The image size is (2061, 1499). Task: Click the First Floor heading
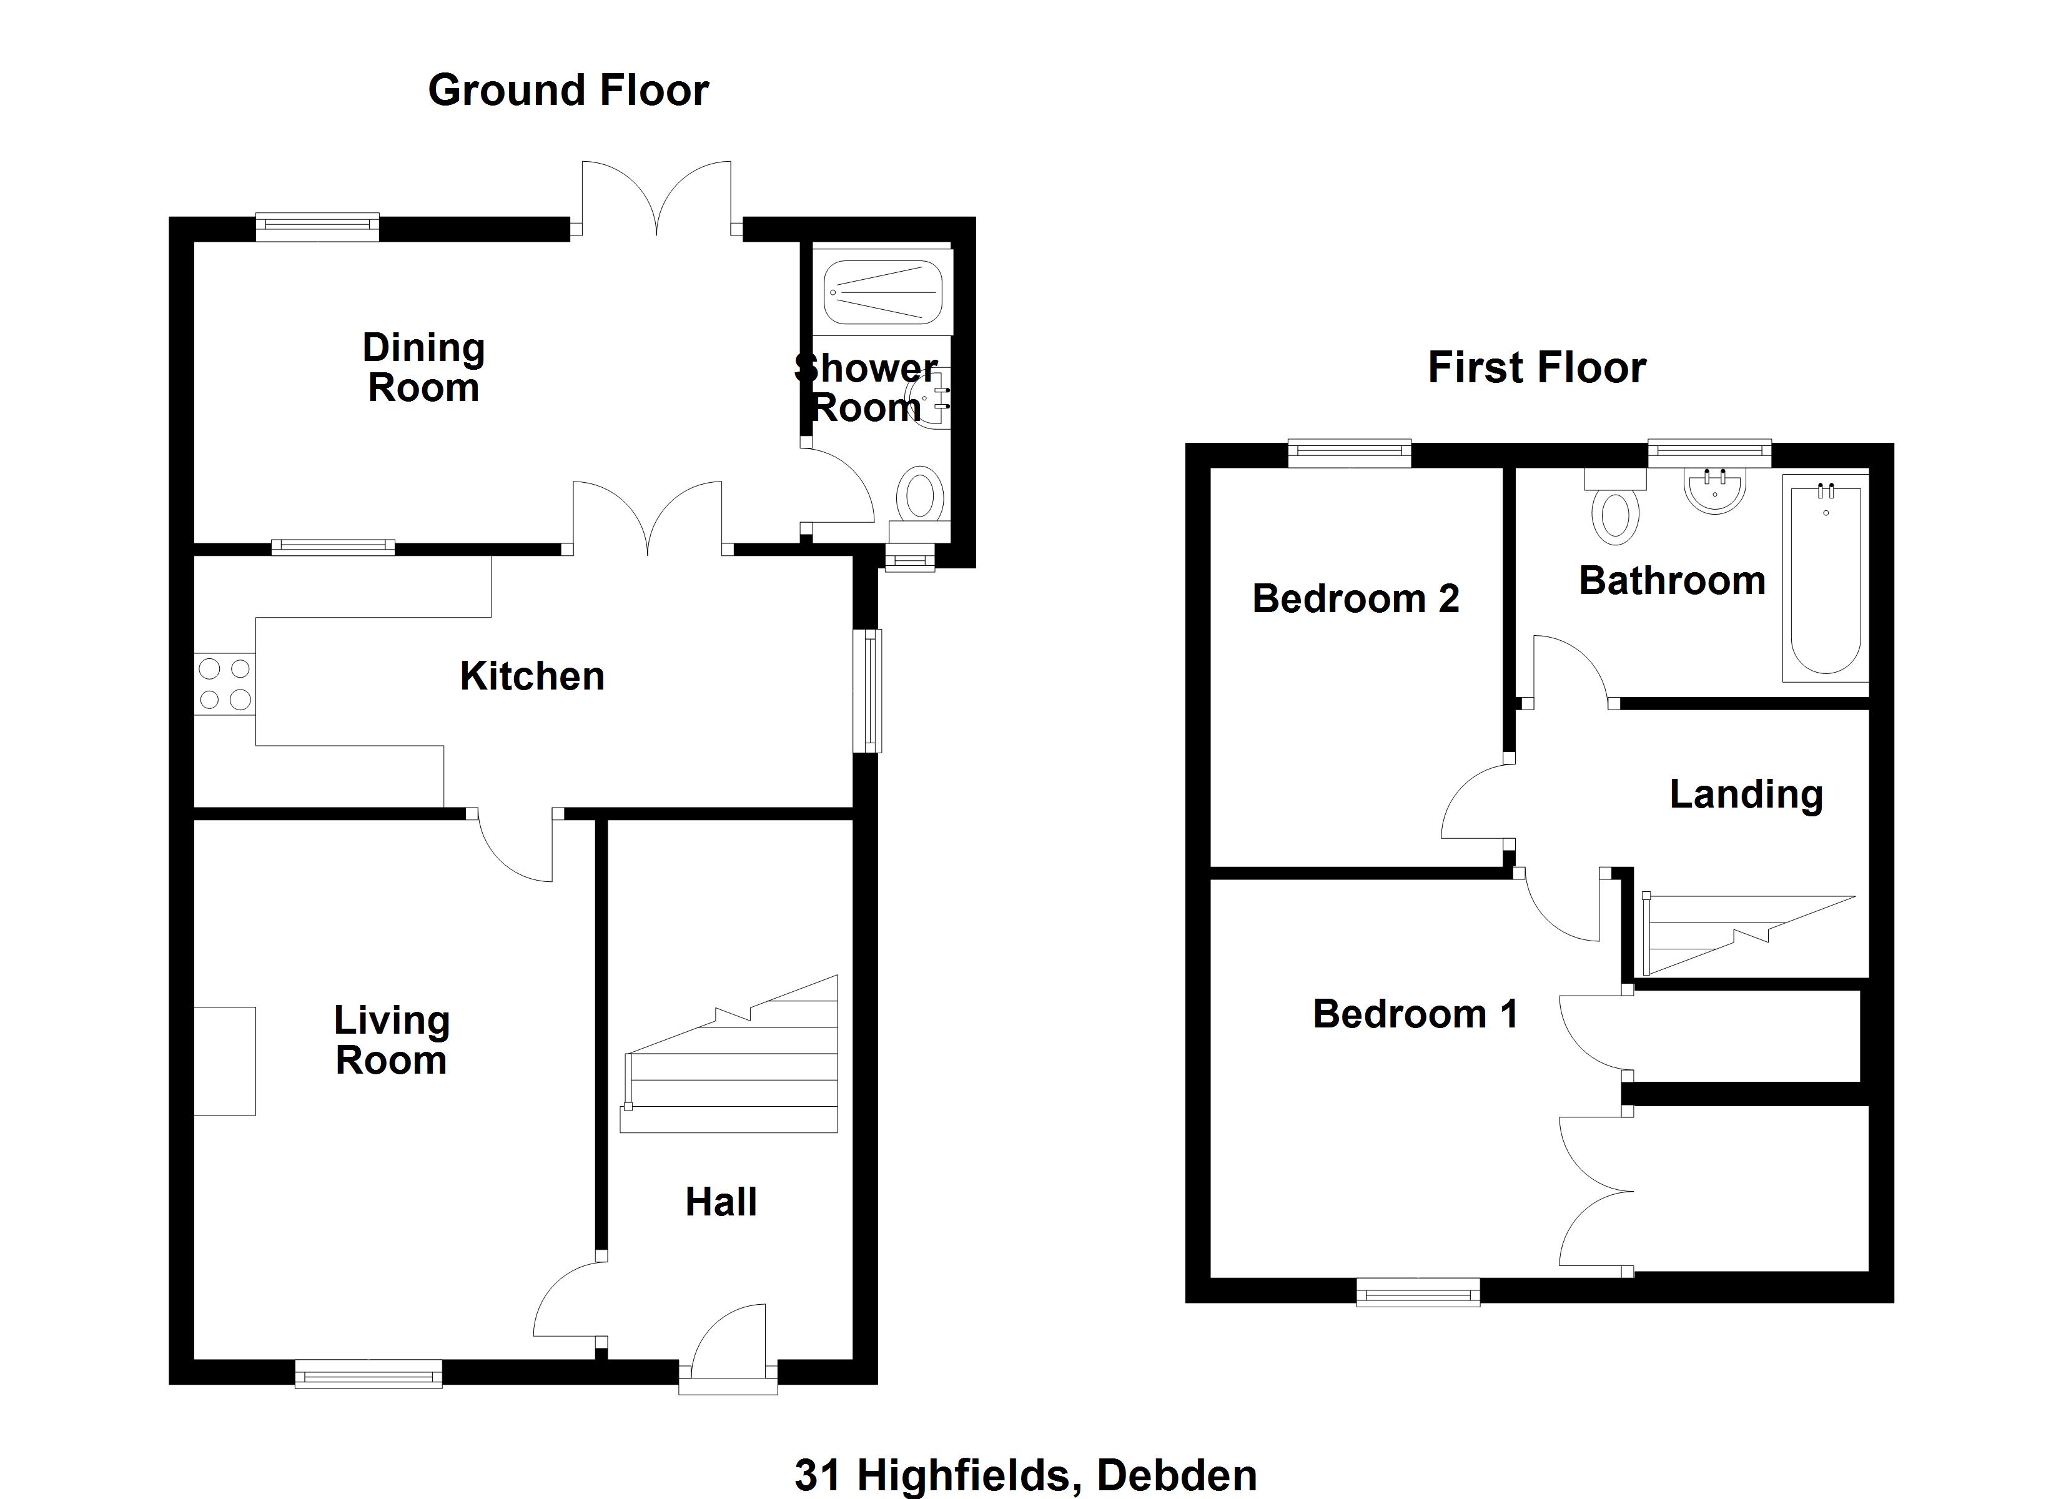(1536, 368)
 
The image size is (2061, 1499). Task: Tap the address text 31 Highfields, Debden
(1025, 1475)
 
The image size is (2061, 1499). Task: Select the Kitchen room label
(531, 676)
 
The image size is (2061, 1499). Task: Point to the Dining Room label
(423, 367)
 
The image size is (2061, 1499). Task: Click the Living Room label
(391, 1040)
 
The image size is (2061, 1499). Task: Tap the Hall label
(721, 1202)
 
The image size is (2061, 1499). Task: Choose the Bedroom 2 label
(1355, 599)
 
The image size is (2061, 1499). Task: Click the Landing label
(1746, 794)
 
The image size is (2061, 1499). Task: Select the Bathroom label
(1672, 581)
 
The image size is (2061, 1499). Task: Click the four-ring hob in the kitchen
(224, 683)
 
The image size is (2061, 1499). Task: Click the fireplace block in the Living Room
(224, 1060)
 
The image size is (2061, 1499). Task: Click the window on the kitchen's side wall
(871, 690)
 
